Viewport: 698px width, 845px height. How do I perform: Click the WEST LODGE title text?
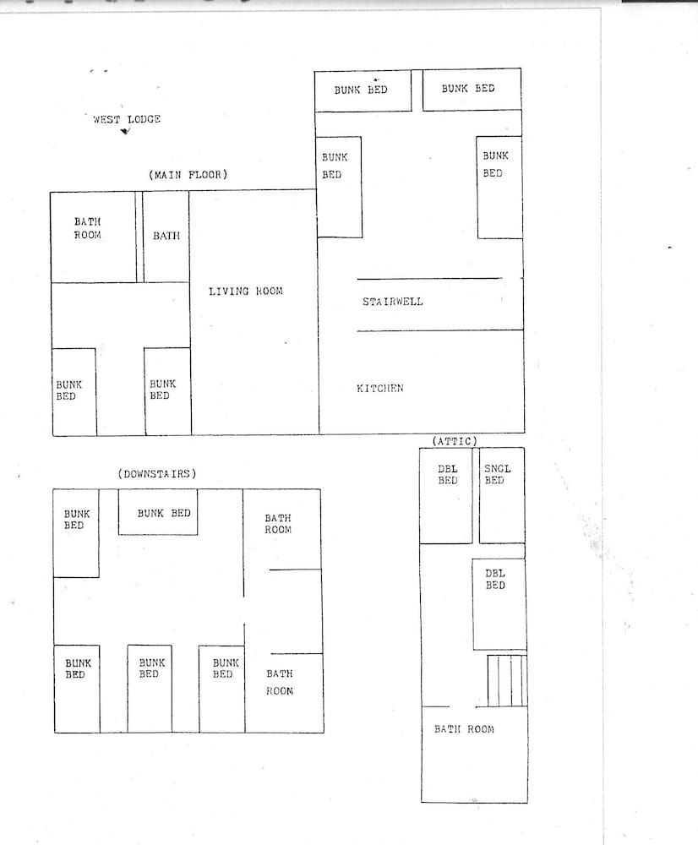pos(127,119)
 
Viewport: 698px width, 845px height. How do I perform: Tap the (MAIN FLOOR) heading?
pos(188,175)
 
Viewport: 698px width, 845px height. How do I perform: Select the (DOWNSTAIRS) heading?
pos(157,474)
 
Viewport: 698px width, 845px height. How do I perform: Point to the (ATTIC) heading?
pos(455,441)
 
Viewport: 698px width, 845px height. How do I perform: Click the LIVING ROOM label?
pos(246,292)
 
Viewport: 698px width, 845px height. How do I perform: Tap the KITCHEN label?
pos(379,389)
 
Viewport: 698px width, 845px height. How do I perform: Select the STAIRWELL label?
pos(393,302)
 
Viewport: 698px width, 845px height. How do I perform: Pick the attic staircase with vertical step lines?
pos(507,680)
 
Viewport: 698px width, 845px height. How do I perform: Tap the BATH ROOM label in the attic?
pos(464,729)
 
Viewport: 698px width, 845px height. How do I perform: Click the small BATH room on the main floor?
pos(166,237)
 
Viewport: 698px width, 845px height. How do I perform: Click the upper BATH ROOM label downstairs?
pos(278,524)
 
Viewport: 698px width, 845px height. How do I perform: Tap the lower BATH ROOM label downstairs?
pos(280,682)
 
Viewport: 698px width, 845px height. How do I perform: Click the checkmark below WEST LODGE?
pos(126,131)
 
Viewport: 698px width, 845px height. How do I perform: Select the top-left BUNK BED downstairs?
pos(77,533)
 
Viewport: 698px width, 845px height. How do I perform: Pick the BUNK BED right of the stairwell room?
pos(499,187)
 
